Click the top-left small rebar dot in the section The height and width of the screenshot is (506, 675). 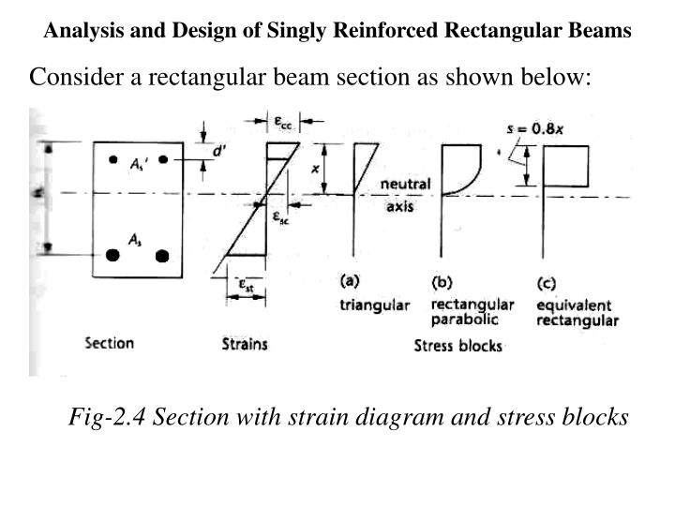tap(112, 159)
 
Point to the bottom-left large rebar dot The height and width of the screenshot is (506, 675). tap(113, 255)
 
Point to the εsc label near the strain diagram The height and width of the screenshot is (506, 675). tap(279, 216)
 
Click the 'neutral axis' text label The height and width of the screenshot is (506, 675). tap(405, 195)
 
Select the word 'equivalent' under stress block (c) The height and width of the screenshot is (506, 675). tap(574, 305)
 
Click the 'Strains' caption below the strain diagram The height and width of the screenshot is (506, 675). tap(245, 344)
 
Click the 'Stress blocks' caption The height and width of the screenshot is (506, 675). tap(457, 346)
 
